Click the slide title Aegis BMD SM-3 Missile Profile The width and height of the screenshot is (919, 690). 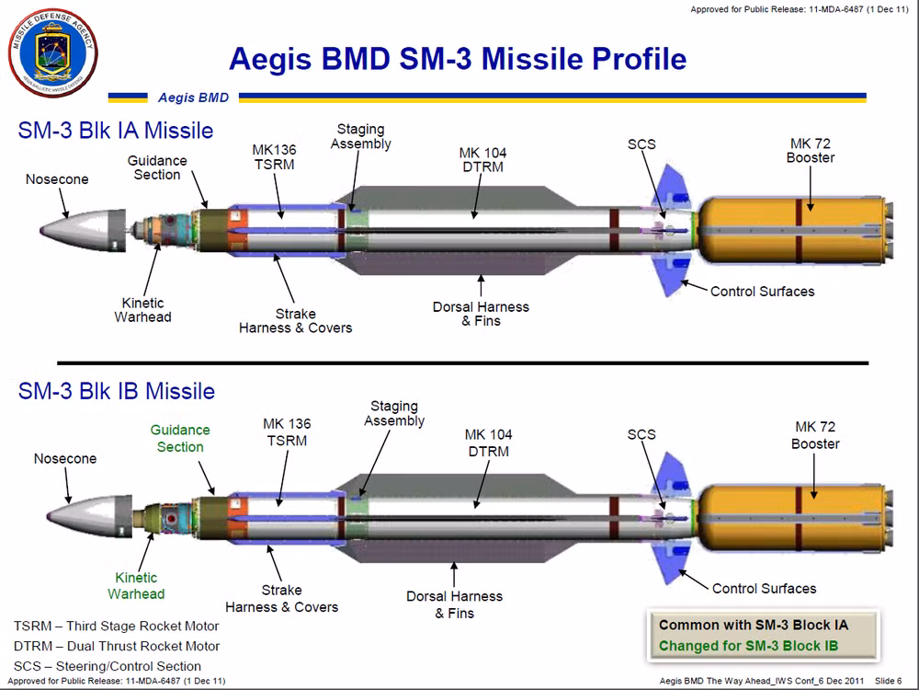click(457, 59)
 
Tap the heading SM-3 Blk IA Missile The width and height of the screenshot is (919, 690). click(116, 131)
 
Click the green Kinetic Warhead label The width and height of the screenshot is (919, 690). click(136, 585)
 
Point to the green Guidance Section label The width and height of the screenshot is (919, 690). click(180, 438)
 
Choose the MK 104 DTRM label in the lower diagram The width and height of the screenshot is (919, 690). click(488, 443)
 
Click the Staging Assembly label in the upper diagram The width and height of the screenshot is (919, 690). click(360, 136)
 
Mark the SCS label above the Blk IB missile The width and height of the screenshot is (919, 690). click(641, 434)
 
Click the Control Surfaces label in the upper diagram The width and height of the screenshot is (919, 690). click(762, 292)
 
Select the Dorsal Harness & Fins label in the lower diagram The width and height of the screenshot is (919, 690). click(455, 604)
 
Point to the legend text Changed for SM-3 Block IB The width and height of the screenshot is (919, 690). click(761, 646)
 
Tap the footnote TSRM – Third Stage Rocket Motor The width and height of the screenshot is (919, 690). click(117, 626)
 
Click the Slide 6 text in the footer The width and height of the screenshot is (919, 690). click(888, 681)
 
